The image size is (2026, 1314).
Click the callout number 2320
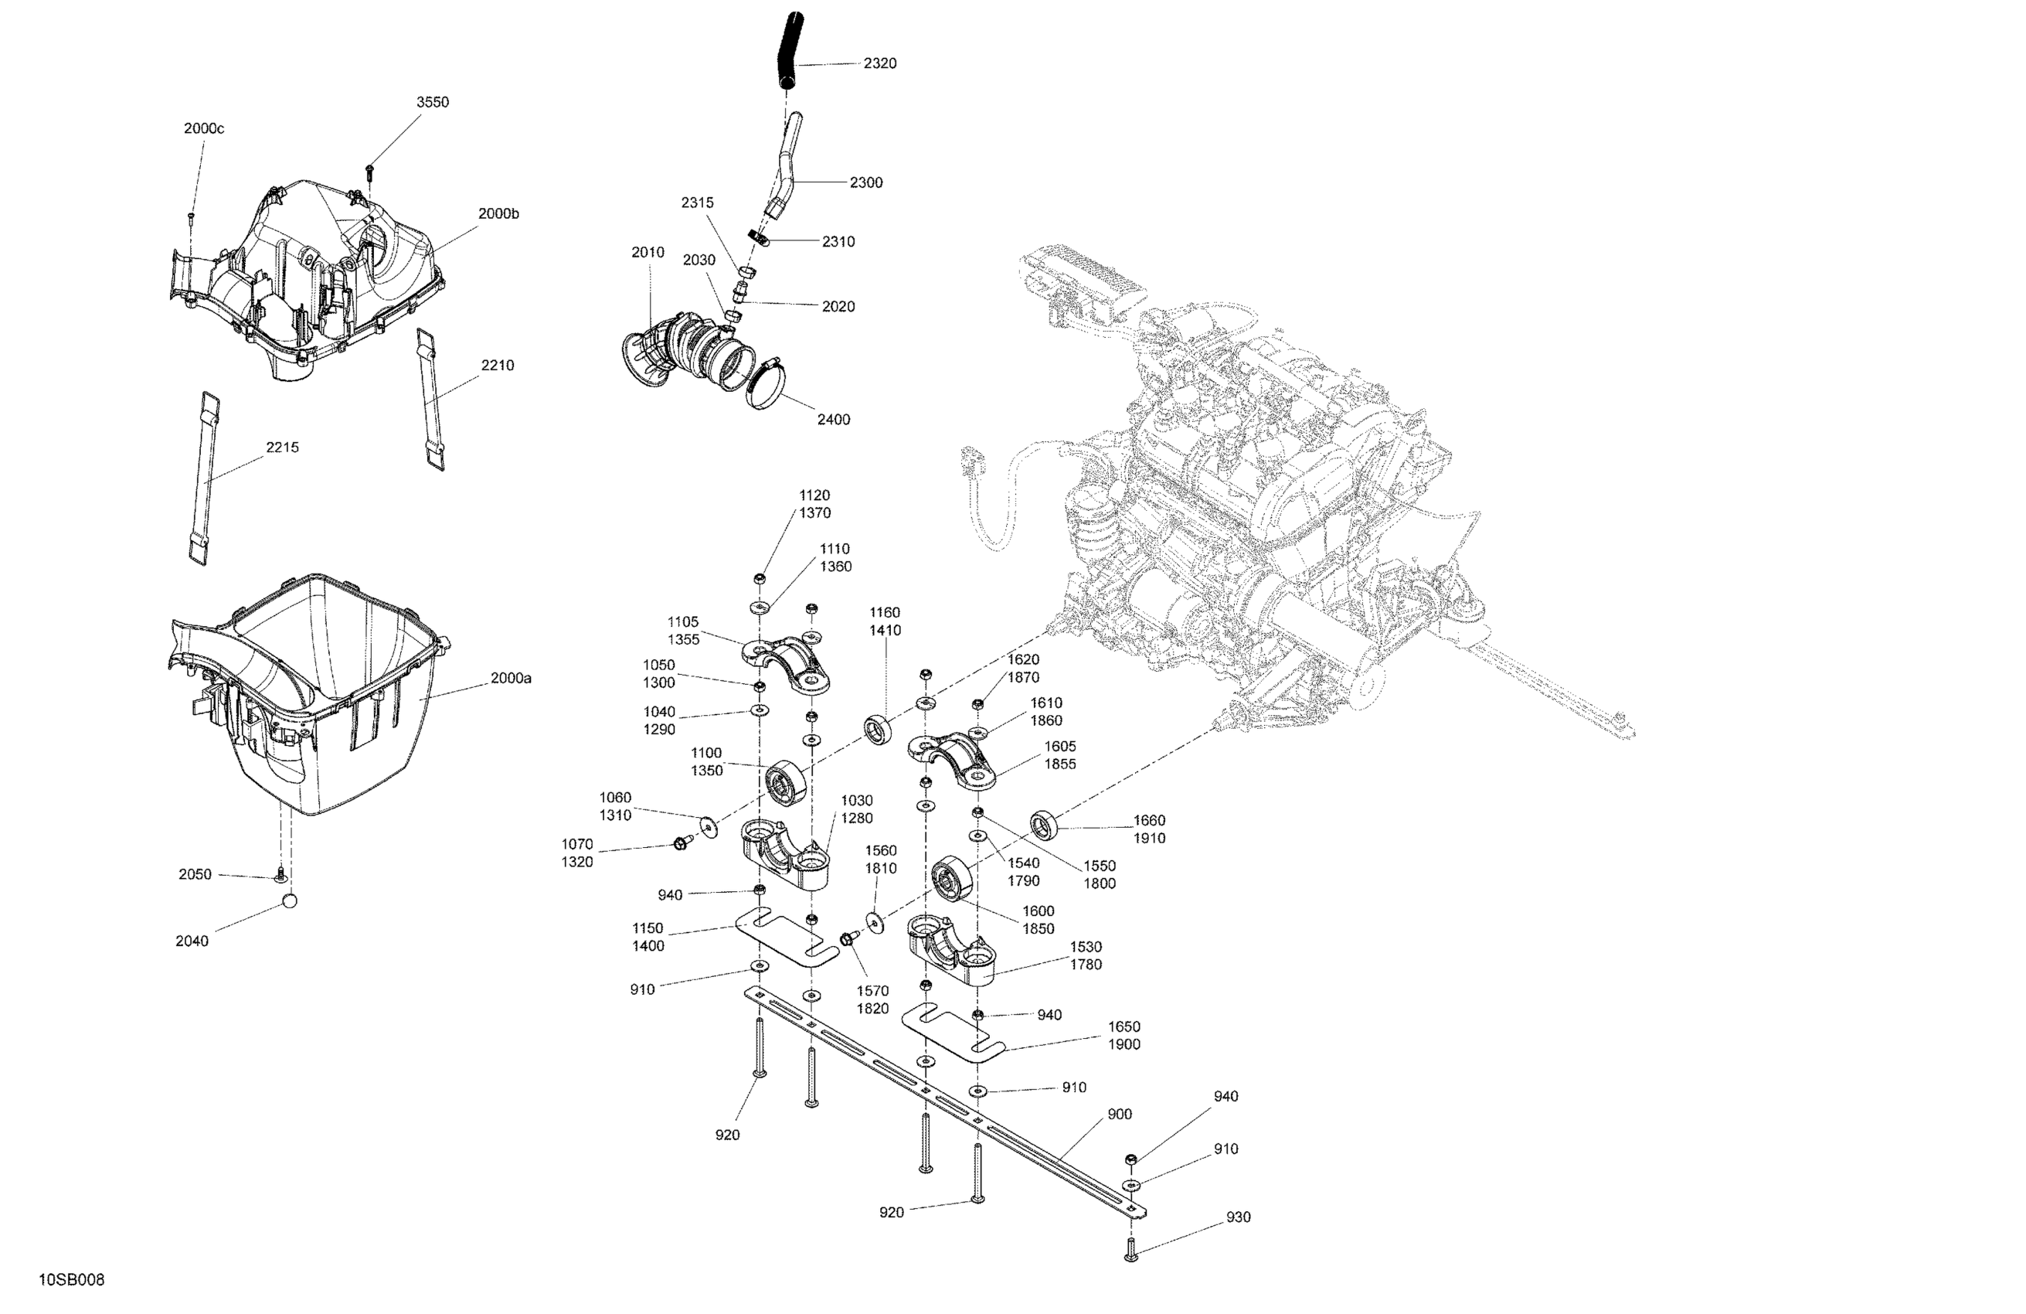(879, 64)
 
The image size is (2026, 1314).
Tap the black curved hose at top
(787, 51)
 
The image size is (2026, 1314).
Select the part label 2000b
(498, 215)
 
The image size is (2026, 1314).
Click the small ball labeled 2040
(290, 901)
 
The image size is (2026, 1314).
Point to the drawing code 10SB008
(72, 1280)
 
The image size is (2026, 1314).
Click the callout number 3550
(433, 102)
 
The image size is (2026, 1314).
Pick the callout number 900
(1120, 1114)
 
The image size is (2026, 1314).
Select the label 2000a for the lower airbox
(511, 679)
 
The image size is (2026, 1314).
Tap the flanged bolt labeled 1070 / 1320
(680, 843)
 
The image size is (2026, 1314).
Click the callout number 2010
(648, 253)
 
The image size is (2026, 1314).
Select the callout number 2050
(195, 874)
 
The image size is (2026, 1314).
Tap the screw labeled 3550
(371, 171)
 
